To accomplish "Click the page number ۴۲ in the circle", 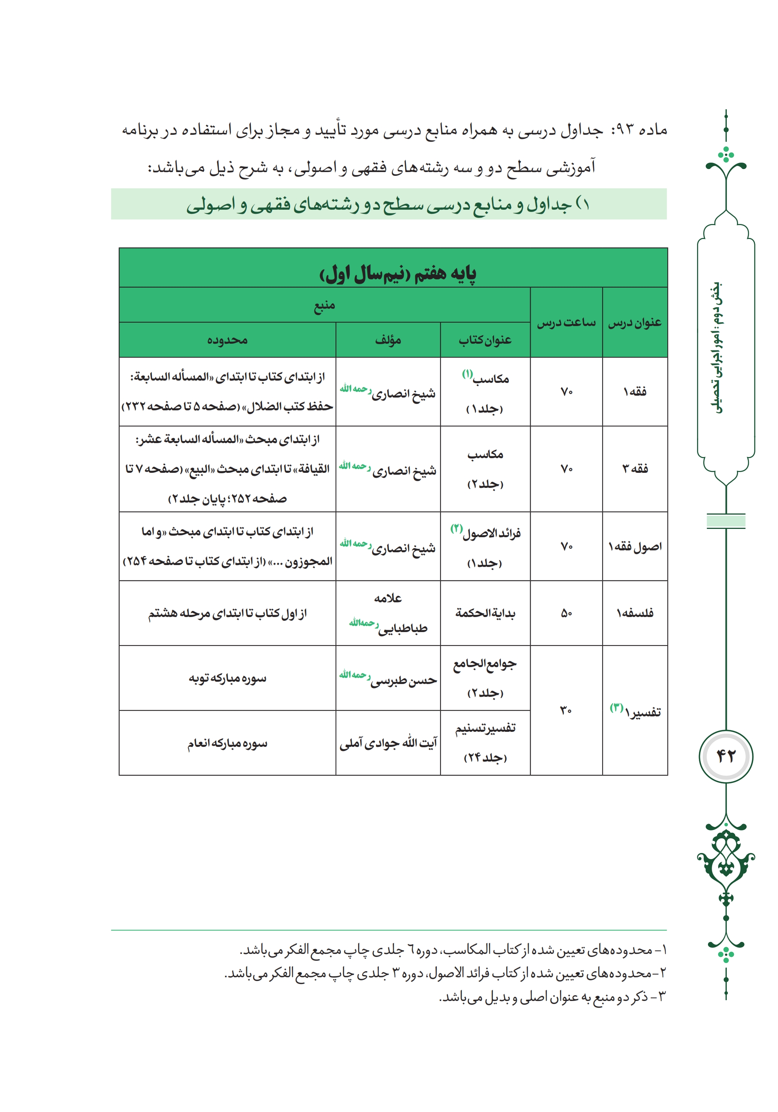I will [x=725, y=756].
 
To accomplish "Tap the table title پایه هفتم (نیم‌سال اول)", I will [x=397, y=274].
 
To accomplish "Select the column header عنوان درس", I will [x=635, y=323].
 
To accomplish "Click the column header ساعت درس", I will [x=566, y=323].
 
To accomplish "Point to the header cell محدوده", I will [x=227, y=340].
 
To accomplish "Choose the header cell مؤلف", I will [x=387, y=340].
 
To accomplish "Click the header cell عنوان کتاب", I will [x=485, y=340].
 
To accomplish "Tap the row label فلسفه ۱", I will [x=635, y=613].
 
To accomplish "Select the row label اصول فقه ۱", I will [x=635, y=547].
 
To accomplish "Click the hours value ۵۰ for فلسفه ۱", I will [x=566, y=613].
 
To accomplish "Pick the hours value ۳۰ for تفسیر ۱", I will [x=566, y=710].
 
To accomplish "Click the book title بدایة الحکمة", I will [x=485, y=613].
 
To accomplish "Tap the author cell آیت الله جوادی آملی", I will [x=388, y=743].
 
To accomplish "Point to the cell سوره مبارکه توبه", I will [x=227, y=678].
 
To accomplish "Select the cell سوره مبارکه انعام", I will [x=227, y=743].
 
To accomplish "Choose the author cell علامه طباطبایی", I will [x=388, y=613].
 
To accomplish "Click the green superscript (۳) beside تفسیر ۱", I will [x=616, y=708].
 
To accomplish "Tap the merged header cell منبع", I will [x=324, y=305].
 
